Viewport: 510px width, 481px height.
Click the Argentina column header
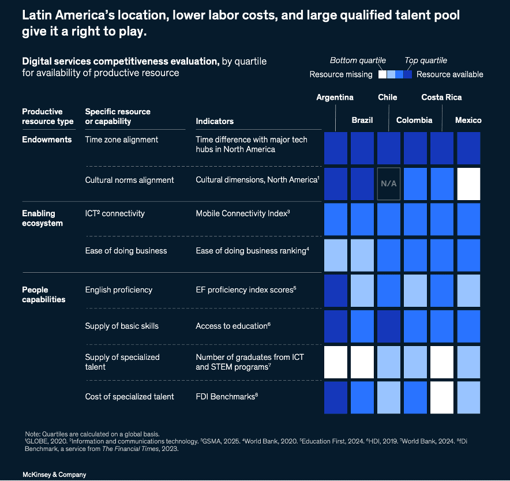[335, 97]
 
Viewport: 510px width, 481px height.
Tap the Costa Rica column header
[441, 97]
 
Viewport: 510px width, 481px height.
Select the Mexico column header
[468, 121]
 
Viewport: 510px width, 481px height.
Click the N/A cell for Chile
[388, 184]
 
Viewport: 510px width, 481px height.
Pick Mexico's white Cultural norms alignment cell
[468, 184]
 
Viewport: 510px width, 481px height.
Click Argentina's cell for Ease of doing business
[335, 255]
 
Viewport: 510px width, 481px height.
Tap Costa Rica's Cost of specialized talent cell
[442, 397]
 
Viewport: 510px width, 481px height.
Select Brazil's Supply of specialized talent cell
[362, 362]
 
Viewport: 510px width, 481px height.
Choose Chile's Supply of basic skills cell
[388, 326]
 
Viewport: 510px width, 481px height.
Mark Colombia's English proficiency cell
[415, 291]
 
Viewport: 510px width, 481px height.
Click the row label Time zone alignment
[121, 140]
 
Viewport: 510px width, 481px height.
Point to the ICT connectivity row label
[114, 213]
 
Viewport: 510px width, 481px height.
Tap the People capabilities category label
[43, 294]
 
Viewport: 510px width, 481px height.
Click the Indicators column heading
[215, 121]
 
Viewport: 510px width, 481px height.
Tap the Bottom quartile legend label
[358, 61]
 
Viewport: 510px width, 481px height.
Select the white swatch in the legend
[382, 74]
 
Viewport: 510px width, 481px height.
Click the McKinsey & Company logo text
[54, 475]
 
